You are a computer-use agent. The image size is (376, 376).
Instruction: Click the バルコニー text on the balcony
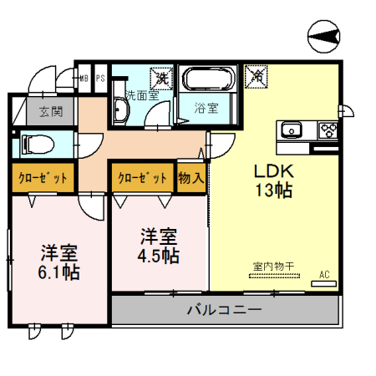click(223, 309)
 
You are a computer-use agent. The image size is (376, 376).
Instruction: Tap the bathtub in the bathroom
click(208, 81)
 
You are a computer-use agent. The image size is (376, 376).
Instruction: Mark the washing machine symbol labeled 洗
click(160, 79)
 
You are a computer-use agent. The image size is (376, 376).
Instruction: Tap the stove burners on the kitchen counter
click(326, 130)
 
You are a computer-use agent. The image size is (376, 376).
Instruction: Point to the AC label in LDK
click(324, 272)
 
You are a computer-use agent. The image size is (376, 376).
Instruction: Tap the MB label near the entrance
click(84, 79)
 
